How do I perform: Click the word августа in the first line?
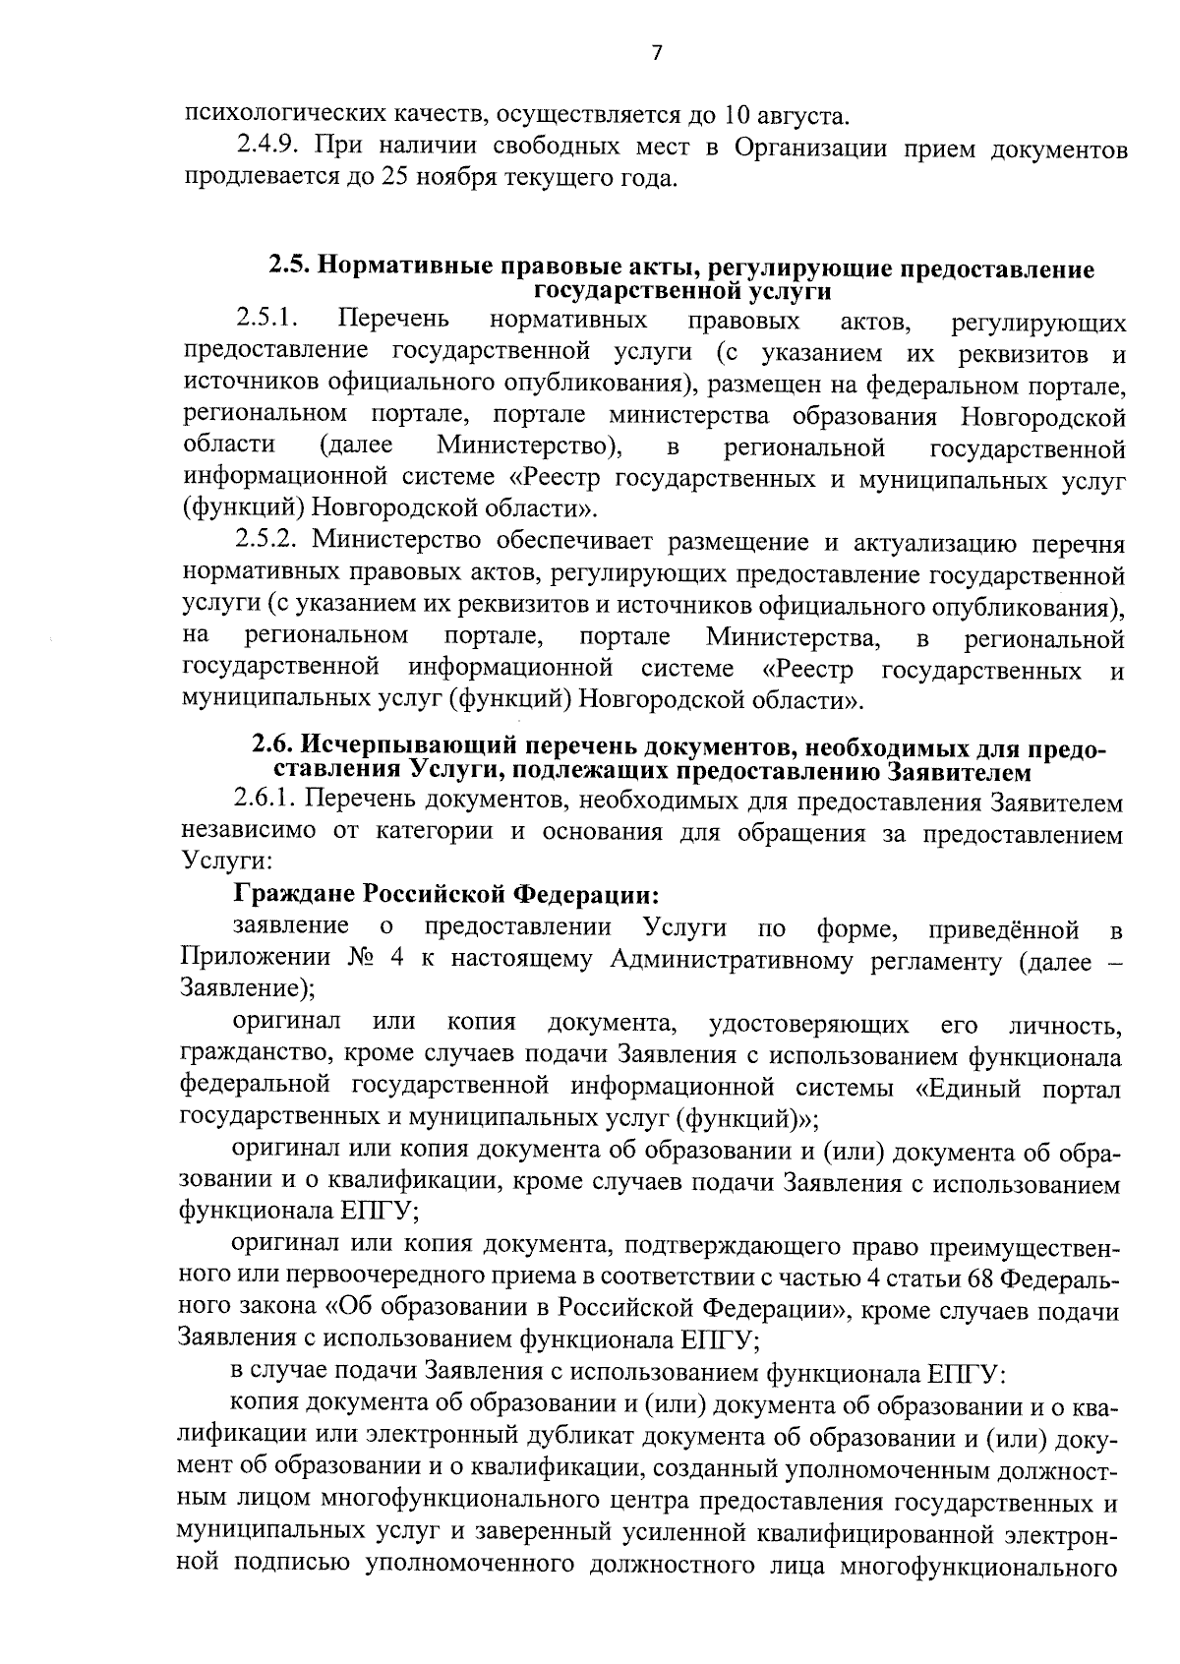[796, 116]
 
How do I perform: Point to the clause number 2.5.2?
[270, 542]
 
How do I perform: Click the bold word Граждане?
[292, 895]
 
